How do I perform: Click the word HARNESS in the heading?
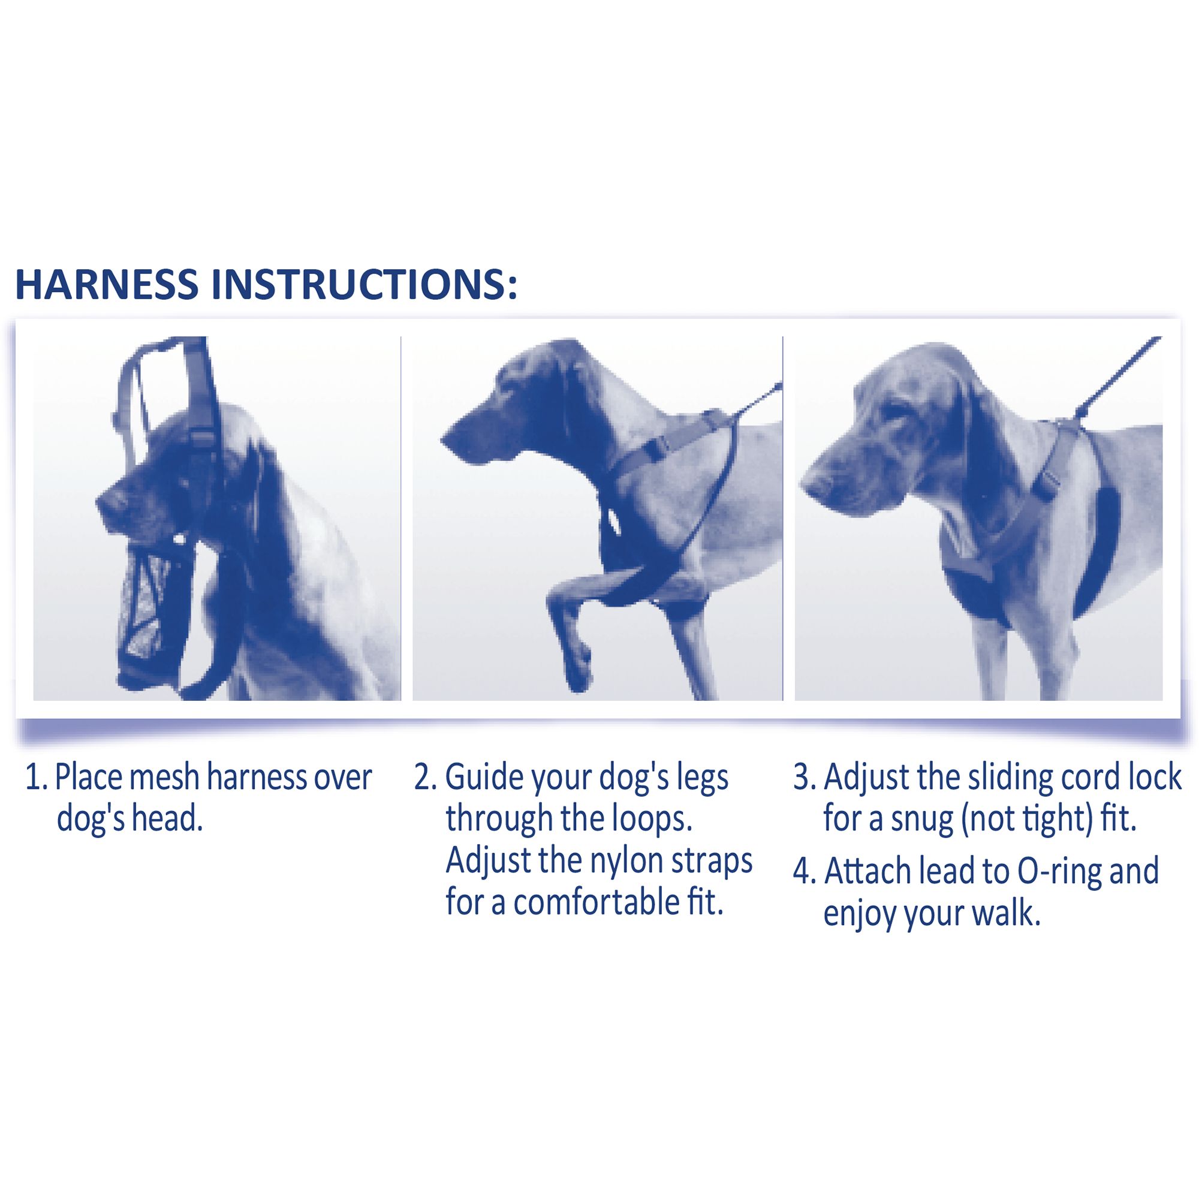[106, 284]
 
